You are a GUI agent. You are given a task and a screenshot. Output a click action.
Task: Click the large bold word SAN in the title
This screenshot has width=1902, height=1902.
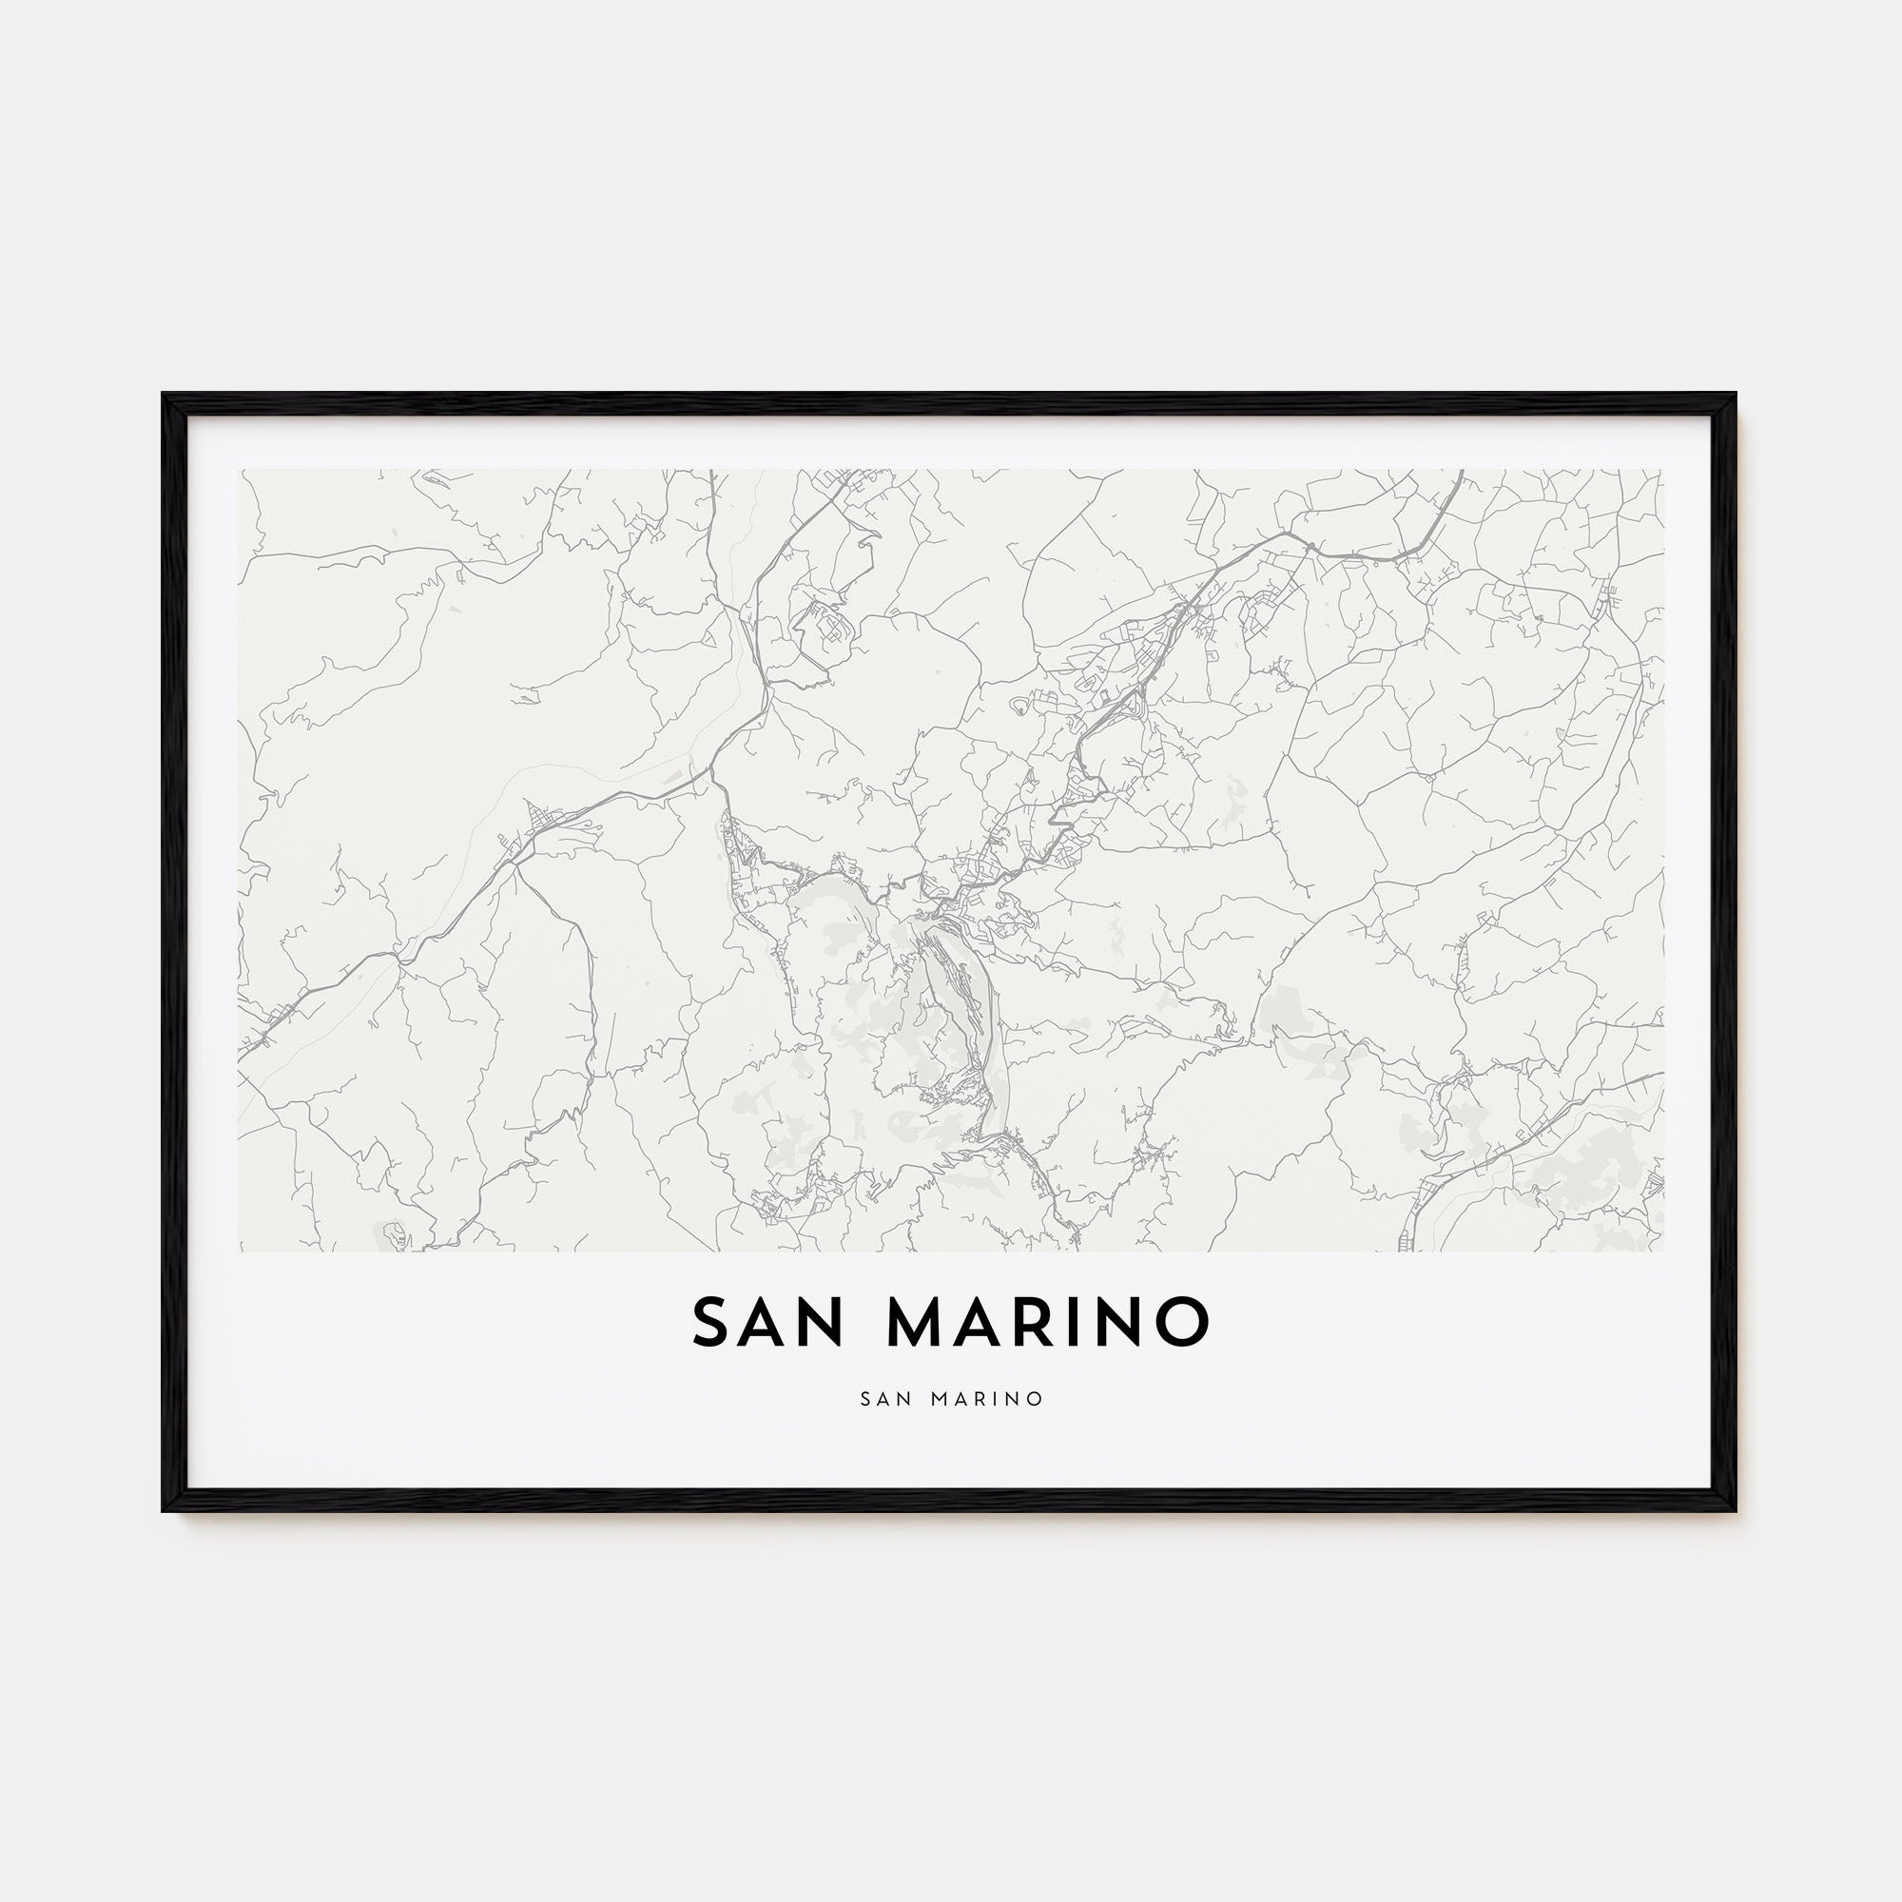pyautogui.click(x=767, y=1322)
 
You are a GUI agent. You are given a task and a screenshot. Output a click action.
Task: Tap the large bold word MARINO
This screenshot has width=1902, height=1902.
pyautogui.click(x=1048, y=1322)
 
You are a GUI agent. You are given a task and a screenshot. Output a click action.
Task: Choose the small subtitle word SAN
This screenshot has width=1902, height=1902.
pyautogui.click(x=886, y=1399)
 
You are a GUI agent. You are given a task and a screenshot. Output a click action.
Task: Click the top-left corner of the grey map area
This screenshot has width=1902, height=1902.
pyautogui.click(x=240, y=470)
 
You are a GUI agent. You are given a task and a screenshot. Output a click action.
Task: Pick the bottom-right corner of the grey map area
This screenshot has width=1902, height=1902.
pyautogui.click(x=1662, y=1252)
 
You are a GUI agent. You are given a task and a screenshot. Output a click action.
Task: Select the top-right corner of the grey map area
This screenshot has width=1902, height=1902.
pyautogui.click(x=1662, y=470)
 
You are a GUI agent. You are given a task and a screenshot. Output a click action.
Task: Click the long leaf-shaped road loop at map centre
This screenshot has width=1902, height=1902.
pyautogui.click(x=960, y=1024)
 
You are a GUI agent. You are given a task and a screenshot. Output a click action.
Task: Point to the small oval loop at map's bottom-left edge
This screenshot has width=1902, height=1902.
pyautogui.click(x=393, y=1231)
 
